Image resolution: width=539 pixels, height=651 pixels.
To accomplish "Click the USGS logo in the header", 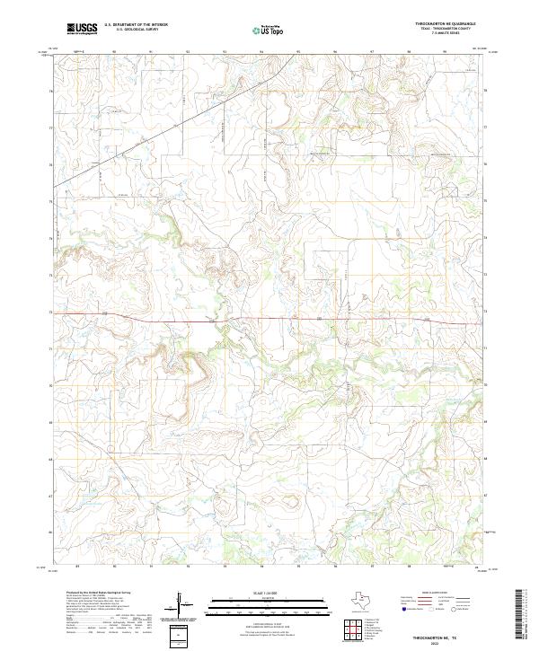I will click(x=83, y=29).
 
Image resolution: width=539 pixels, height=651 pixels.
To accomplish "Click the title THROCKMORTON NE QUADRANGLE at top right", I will click(x=452, y=24).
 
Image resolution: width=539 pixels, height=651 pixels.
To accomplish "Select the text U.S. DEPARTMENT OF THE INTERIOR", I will click(x=136, y=25).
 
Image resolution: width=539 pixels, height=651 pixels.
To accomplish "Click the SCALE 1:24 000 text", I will click(x=267, y=594).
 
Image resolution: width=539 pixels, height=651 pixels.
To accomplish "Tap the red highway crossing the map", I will click(x=269, y=318).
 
